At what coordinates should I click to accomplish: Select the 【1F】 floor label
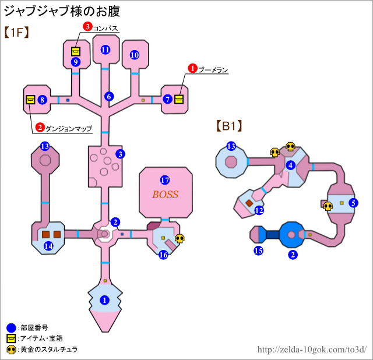(x=17, y=33)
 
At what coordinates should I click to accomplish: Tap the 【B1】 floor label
(x=228, y=125)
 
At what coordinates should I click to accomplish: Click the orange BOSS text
(x=165, y=195)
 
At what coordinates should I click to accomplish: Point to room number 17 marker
(x=165, y=180)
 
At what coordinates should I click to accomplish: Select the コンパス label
(x=106, y=27)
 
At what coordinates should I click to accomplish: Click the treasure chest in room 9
(x=76, y=51)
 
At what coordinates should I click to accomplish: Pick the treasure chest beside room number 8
(x=30, y=100)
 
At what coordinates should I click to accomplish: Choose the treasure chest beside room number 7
(x=179, y=98)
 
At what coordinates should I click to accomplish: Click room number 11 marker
(x=105, y=50)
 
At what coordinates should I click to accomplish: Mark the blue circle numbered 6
(x=109, y=96)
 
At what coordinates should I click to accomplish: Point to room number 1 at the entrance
(x=105, y=300)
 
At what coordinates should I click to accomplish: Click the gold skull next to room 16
(x=180, y=238)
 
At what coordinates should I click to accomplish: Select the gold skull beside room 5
(x=328, y=205)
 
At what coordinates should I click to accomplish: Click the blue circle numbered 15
(x=259, y=250)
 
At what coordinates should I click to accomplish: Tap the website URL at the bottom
(x=312, y=350)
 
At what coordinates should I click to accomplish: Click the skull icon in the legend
(x=11, y=350)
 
